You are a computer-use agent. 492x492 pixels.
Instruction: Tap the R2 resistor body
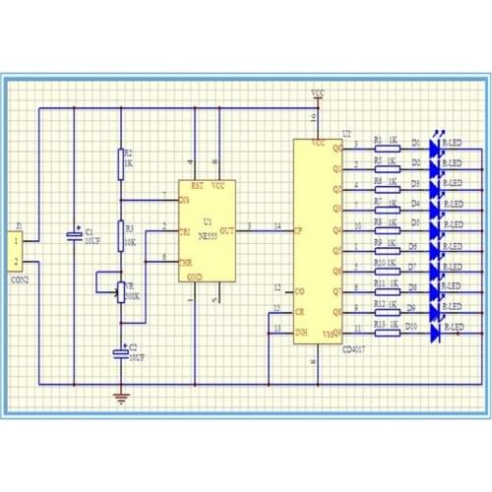click(121, 158)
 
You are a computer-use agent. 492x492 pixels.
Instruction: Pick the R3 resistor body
click(121, 234)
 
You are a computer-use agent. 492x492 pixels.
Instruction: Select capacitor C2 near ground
click(121, 351)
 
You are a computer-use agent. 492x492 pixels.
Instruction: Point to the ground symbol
click(121, 398)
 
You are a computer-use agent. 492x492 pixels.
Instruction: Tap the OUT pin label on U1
click(226, 231)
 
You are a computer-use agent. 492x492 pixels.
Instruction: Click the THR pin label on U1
click(185, 263)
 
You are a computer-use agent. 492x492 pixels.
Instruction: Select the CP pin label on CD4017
click(300, 231)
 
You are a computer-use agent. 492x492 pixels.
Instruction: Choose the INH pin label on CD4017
click(303, 332)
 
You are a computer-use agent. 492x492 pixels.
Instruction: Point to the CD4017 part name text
click(355, 349)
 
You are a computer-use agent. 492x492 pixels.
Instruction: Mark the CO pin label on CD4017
click(300, 291)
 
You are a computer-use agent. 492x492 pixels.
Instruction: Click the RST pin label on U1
click(197, 185)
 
